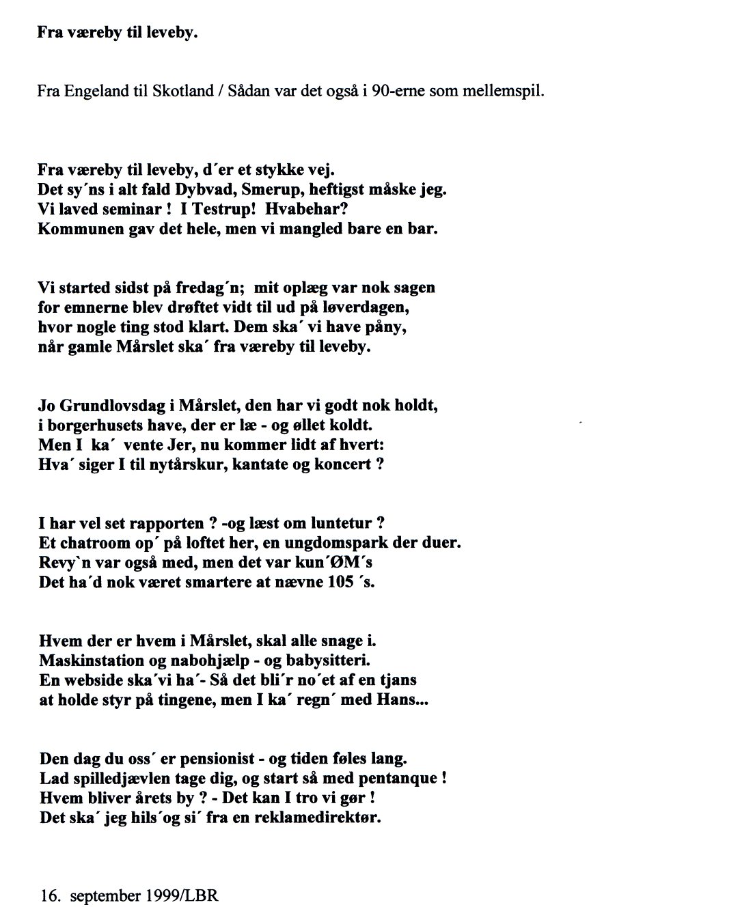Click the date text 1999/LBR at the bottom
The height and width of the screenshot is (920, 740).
pos(181,895)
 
